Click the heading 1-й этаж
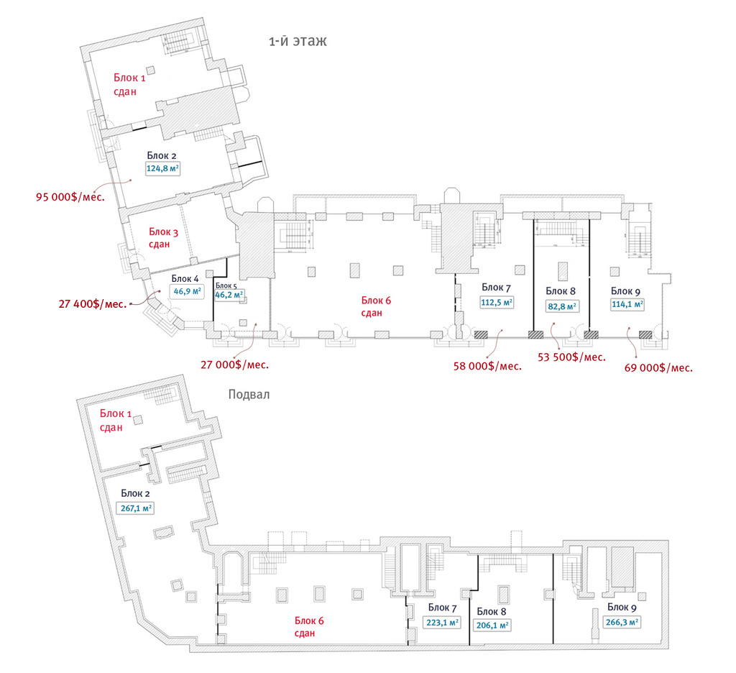tap(298, 42)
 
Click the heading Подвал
tap(249, 394)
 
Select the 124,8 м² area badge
tap(162, 170)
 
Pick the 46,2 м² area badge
tap(230, 294)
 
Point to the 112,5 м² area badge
tap(497, 303)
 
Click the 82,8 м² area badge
tap(561, 306)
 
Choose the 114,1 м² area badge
tap(627, 304)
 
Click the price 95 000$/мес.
tap(70, 196)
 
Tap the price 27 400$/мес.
tap(93, 304)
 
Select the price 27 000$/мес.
tap(234, 365)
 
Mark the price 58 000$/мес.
tap(487, 366)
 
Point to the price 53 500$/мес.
tap(571, 357)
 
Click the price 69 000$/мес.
tap(658, 367)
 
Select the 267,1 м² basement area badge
tap(136, 507)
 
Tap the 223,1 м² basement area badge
tap(443, 623)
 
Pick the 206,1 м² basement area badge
tap(492, 625)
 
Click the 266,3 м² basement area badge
tap(622, 623)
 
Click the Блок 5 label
tap(225, 285)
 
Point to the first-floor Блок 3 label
tap(164, 232)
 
